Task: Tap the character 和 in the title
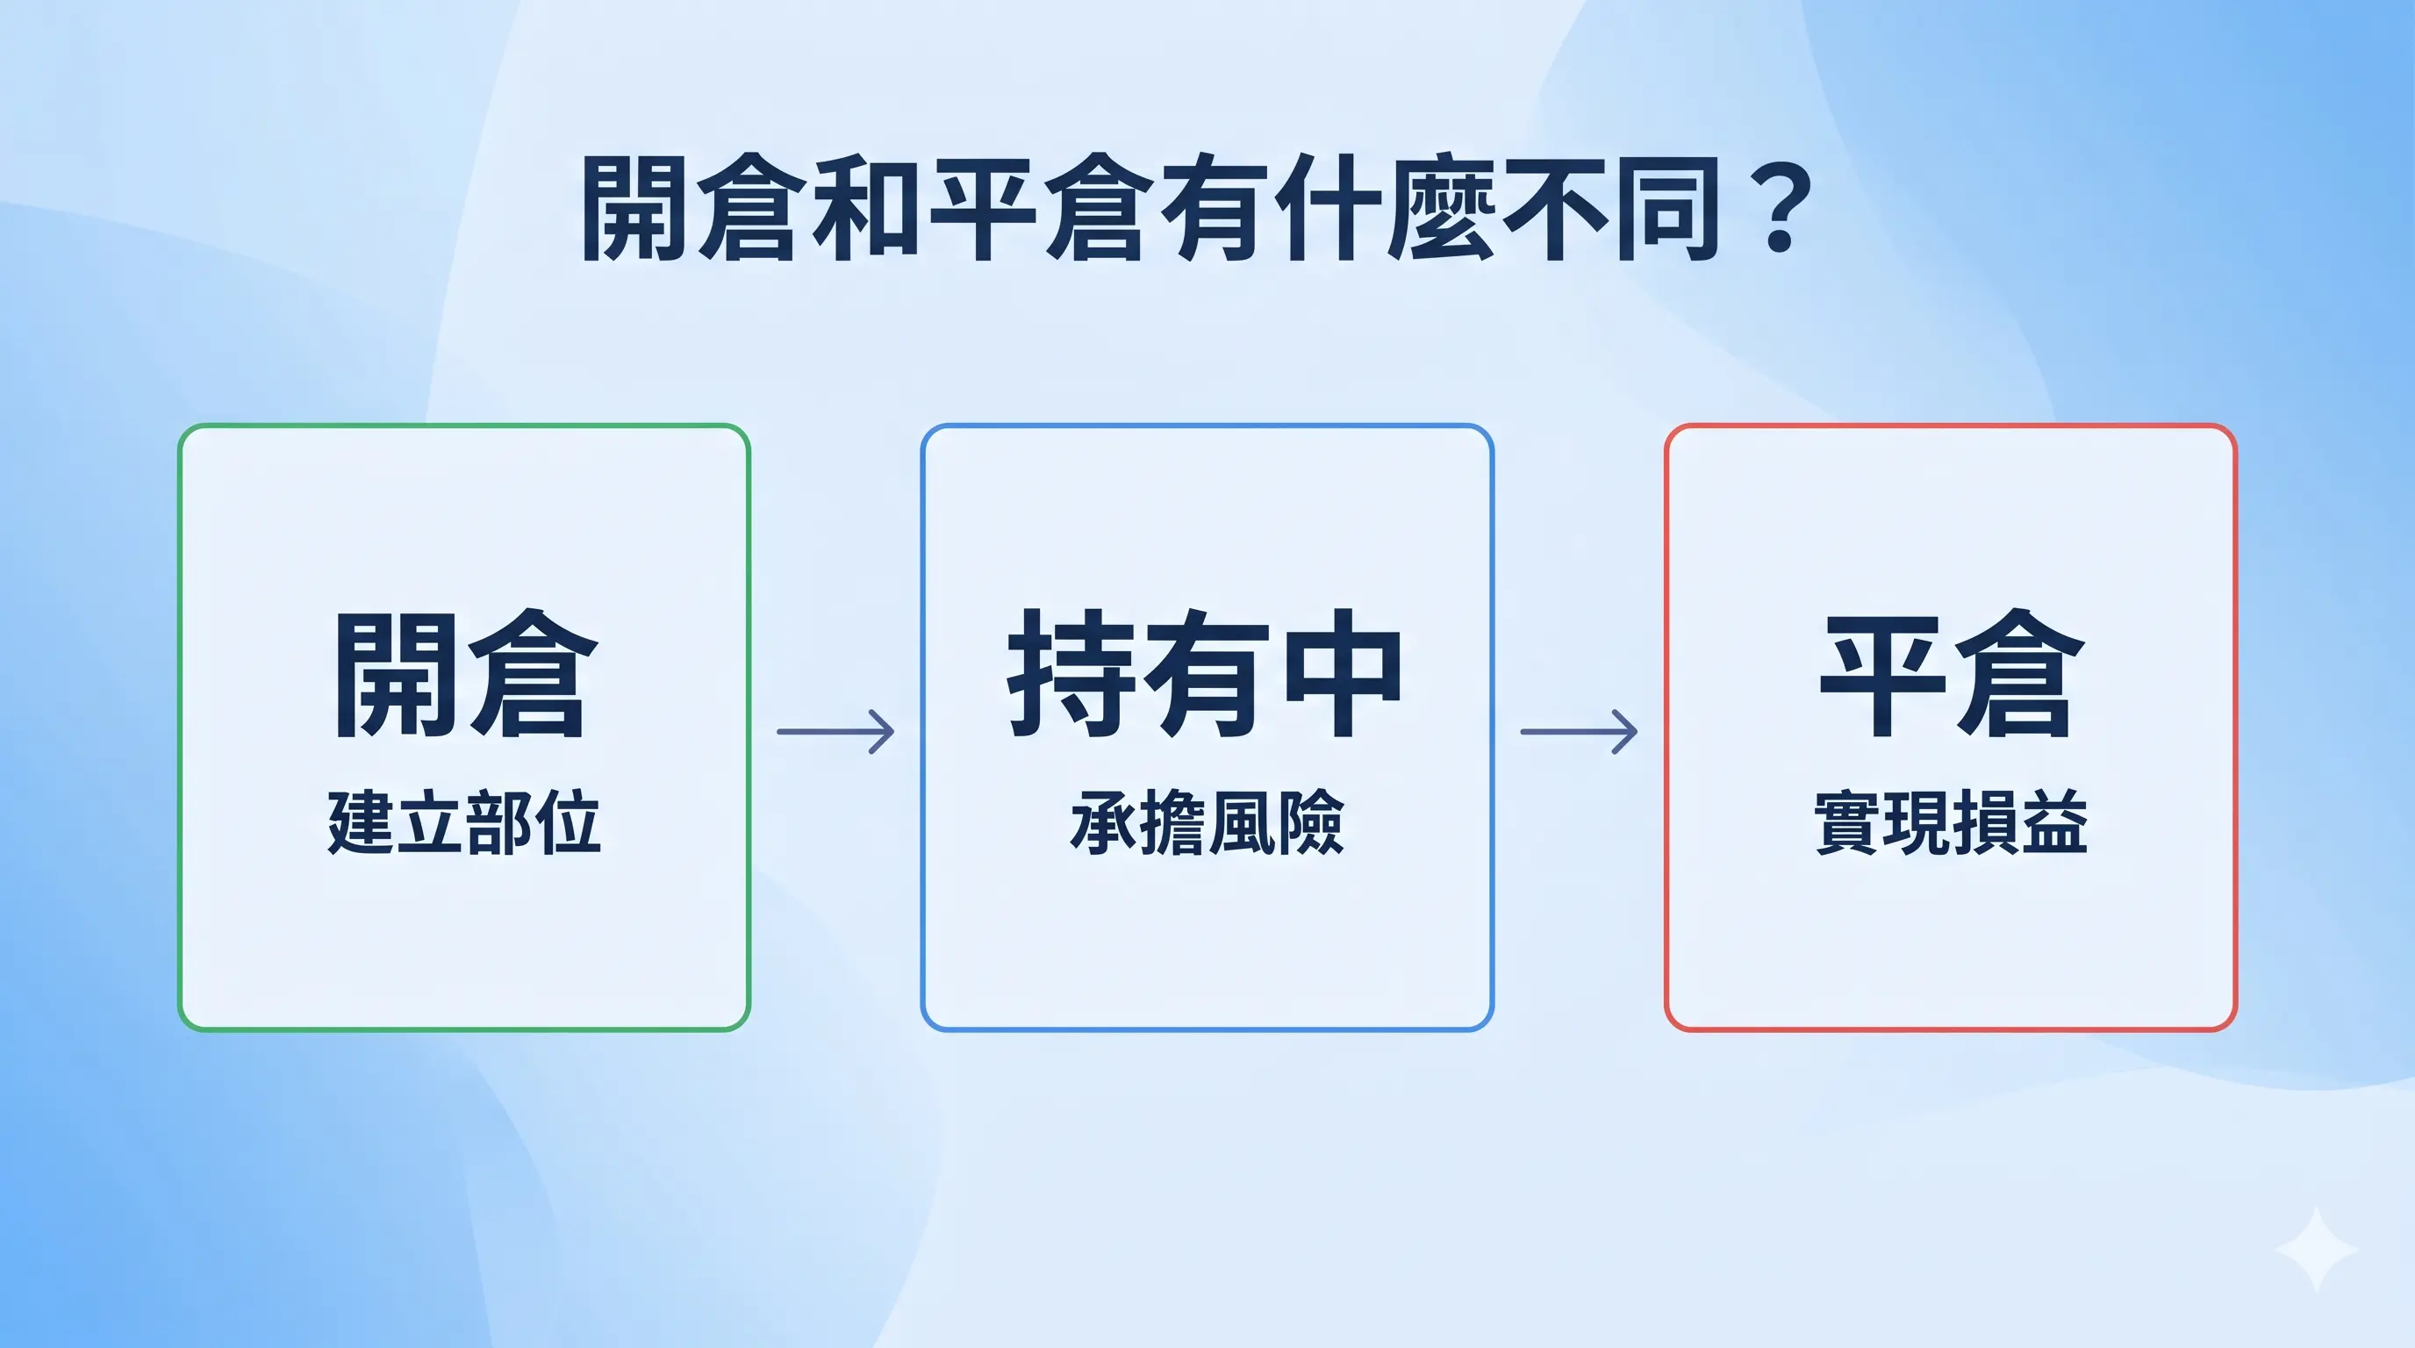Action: (x=864, y=208)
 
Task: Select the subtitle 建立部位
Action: (x=464, y=821)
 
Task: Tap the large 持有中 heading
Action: (x=1205, y=672)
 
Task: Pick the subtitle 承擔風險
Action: (x=1207, y=821)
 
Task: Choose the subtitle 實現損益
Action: (x=1952, y=821)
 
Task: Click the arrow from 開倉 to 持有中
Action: (x=835, y=731)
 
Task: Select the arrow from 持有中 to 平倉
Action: (x=1579, y=731)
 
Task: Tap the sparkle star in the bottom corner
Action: (x=2317, y=1250)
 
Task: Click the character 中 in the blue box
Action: (x=1342, y=672)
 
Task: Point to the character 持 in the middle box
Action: (x=1069, y=672)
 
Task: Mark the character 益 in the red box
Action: (x=2056, y=821)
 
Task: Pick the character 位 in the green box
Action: (x=568, y=821)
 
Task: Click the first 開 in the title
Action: (x=634, y=208)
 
